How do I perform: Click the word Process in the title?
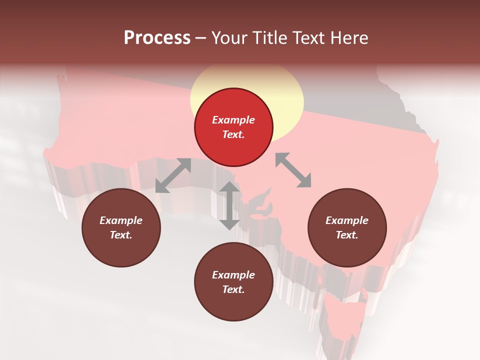tap(157, 38)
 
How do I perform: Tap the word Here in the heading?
tap(348, 38)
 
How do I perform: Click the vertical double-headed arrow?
tap(229, 205)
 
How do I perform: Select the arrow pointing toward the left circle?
tap(173, 175)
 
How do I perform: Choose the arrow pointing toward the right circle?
tap(293, 170)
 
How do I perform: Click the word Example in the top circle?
tap(233, 120)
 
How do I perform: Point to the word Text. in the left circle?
tap(121, 235)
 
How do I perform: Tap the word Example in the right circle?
tap(347, 220)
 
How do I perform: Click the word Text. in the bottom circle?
tap(233, 289)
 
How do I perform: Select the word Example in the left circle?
tap(121, 220)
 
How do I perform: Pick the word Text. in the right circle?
tap(347, 235)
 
